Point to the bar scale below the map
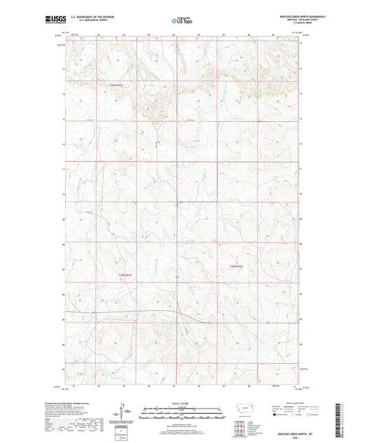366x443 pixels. point(182,415)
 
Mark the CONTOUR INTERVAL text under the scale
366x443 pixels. point(182,424)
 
